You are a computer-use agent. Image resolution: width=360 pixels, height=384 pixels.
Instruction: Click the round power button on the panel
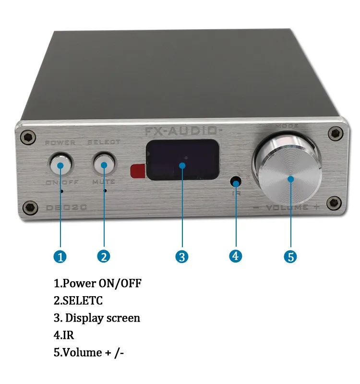[x=60, y=165]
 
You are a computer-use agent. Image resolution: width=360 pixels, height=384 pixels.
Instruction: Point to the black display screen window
[x=182, y=160]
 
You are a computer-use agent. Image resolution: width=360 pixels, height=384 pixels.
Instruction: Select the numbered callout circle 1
[x=60, y=257]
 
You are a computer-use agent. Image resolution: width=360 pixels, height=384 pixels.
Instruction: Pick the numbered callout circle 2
[x=103, y=257]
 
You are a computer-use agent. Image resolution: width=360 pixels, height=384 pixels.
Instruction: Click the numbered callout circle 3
[x=181, y=257]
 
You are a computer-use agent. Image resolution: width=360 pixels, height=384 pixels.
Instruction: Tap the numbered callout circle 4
[x=235, y=256]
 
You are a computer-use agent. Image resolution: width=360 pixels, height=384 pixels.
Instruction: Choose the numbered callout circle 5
[x=290, y=257]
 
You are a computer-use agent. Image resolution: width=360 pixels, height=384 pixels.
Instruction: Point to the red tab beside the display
[x=138, y=170]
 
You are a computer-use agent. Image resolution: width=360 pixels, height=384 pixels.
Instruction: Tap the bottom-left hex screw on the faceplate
[x=31, y=207]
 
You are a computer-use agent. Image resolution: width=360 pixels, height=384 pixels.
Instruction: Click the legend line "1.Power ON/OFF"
[x=97, y=283]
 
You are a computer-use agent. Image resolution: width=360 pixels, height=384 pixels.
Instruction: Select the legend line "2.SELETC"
[x=78, y=301]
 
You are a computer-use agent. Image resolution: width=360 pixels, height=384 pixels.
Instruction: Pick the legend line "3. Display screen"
[x=97, y=318]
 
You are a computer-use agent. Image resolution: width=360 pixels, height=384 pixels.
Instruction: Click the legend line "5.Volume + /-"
[x=90, y=352]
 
